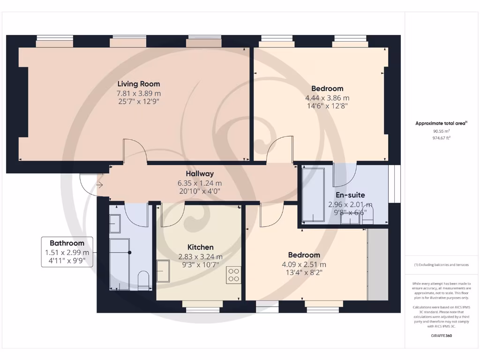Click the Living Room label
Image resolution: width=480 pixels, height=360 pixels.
pos(138,84)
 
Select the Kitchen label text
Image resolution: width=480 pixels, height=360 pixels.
pos(201,247)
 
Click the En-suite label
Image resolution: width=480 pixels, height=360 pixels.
pos(350,195)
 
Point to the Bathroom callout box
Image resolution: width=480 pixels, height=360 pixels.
pos(67,252)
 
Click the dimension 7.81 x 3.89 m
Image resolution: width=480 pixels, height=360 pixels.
pos(138,93)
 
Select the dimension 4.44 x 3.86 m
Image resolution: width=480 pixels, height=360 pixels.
pos(327,98)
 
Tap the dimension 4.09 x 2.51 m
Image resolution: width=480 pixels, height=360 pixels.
pos(304,264)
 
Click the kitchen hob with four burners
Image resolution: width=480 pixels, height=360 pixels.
pos(233,275)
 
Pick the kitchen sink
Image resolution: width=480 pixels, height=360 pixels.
pos(163,271)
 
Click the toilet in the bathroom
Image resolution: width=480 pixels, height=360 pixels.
pos(144,279)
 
